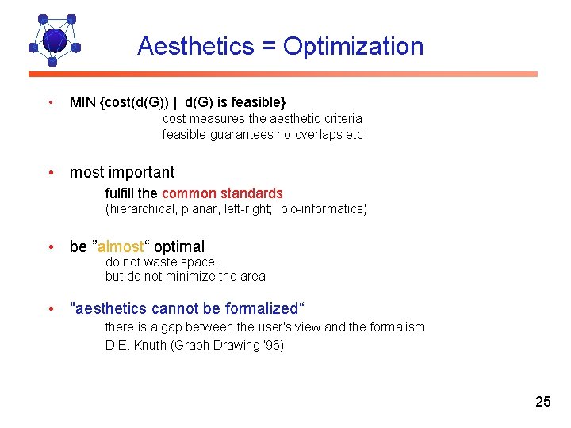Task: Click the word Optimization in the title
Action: [x=353, y=46]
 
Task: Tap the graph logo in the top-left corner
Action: [x=54, y=39]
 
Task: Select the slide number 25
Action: [x=542, y=402]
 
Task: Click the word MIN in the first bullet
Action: [x=82, y=102]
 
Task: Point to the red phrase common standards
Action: [x=222, y=193]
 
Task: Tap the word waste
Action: [x=161, y=262]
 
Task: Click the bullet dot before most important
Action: [x=51, y=173]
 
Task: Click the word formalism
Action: [x=393, y=327]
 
